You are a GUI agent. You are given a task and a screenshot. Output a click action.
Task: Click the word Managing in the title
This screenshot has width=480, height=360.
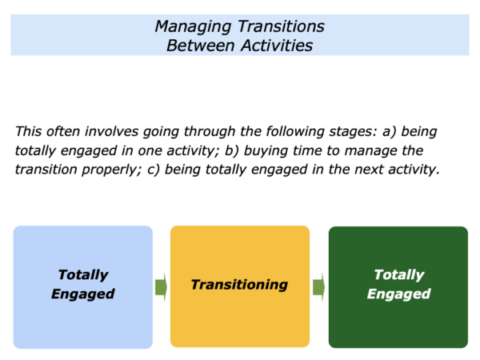[193, 27]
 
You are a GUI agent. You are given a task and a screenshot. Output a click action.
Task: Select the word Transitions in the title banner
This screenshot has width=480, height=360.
[281, 26]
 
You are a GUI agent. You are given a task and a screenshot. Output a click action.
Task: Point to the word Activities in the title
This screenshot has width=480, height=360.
[277, 46]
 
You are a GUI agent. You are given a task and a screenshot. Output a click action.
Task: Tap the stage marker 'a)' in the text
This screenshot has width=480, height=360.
[389, 132]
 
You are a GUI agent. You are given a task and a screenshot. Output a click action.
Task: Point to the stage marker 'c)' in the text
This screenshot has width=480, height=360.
[153, 170]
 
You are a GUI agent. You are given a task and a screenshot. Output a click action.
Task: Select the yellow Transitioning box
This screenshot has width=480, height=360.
[240, 286]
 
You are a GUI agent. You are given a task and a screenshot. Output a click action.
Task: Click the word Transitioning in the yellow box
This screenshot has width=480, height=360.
[239, 285]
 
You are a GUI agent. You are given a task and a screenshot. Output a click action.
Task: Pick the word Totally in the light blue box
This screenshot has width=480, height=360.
[83, 275]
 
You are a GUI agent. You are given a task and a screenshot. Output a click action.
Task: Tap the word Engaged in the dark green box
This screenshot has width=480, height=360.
[399, 294]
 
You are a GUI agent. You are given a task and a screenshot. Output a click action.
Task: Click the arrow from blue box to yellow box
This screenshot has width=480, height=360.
[161, 287]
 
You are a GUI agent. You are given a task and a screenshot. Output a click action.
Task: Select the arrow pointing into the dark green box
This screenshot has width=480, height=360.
[318, 287]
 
